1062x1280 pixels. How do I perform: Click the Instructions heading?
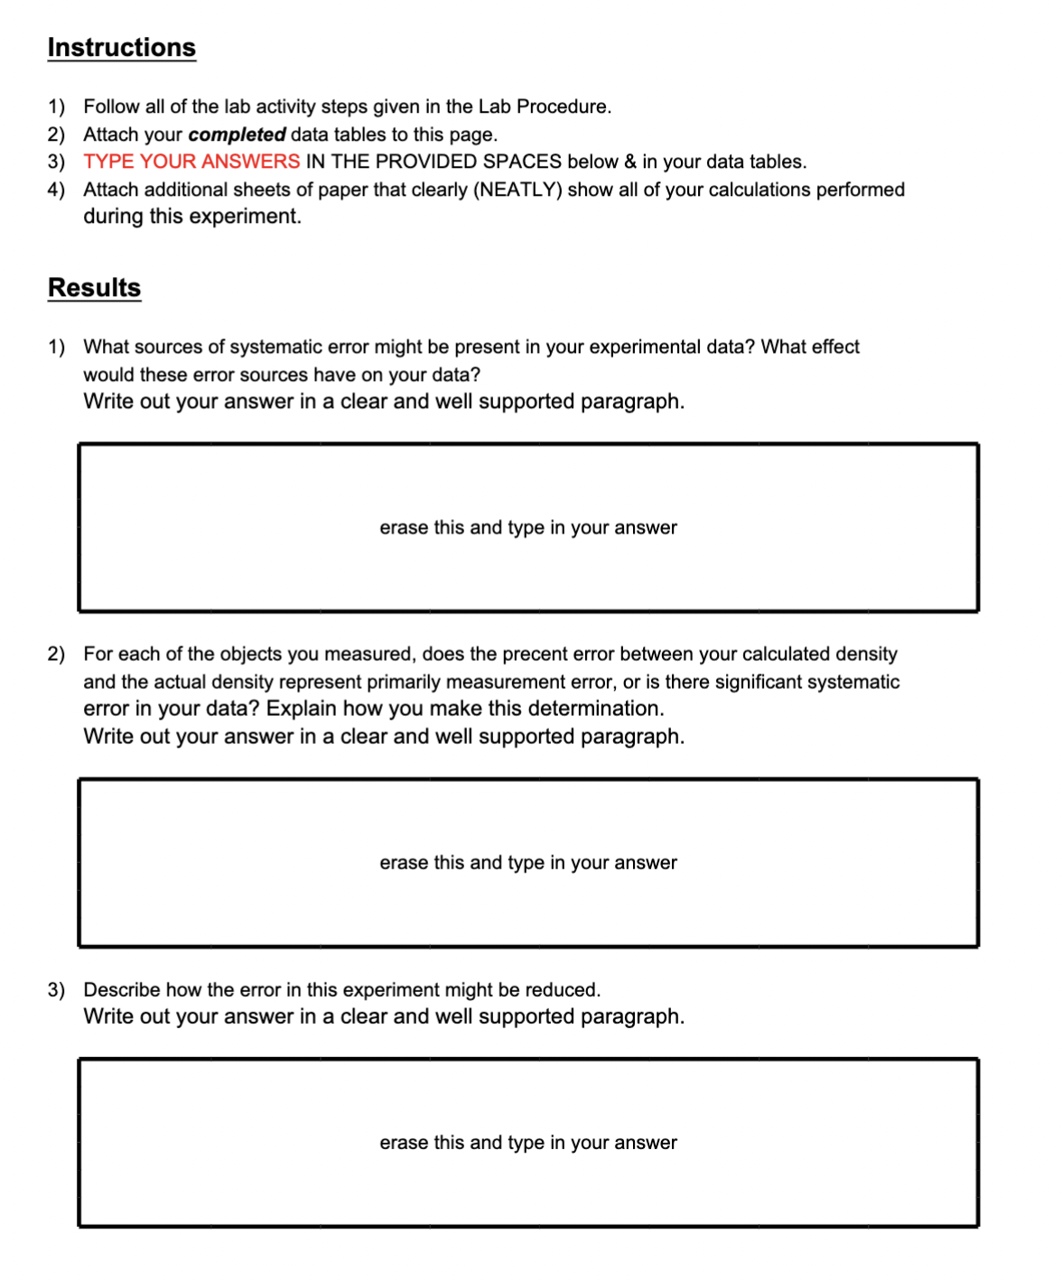click(121, 48)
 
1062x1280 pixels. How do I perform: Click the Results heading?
click(94, 288)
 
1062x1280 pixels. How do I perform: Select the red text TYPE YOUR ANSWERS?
click(191, 162)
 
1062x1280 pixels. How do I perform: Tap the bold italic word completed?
click(237, 134)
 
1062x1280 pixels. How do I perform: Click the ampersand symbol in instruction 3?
click(629, 162)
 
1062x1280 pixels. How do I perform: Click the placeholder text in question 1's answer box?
click(527, 528)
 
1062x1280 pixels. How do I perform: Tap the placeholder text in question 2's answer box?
click(527, 863)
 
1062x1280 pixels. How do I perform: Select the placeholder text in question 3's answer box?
click(527, 1143)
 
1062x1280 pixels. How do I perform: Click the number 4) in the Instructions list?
click(56, 190)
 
